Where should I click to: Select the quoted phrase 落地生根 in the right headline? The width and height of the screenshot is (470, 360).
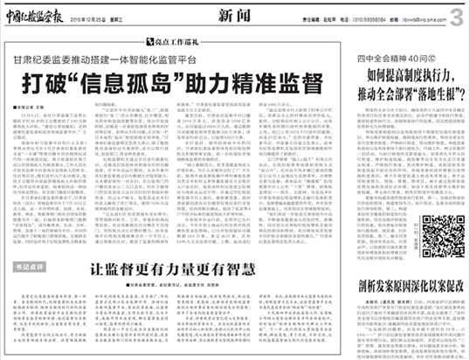[432, 89]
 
